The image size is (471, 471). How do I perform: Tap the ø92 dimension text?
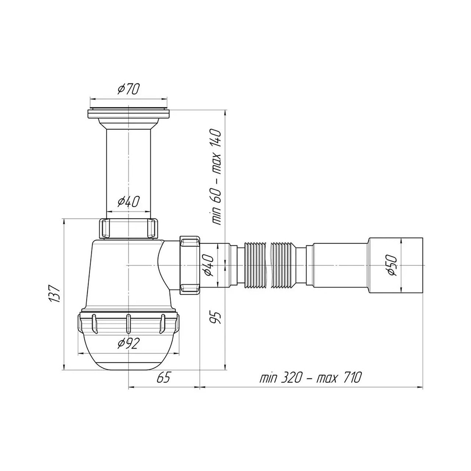point(128,344)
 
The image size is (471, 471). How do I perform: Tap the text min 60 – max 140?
point(217,178)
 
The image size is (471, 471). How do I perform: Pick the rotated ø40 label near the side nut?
point(208,265)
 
